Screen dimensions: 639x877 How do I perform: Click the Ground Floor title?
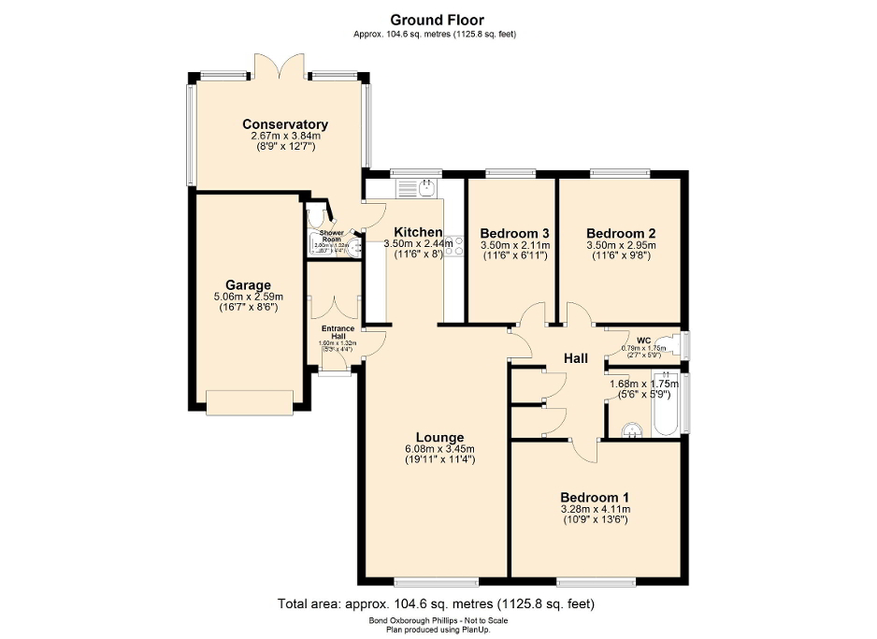437,20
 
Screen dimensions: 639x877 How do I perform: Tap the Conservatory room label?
285,124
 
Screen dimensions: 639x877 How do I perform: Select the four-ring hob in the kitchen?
453,245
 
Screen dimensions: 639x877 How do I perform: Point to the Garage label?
248,285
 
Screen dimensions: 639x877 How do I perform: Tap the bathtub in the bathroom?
667,404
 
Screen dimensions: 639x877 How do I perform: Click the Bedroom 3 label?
513,233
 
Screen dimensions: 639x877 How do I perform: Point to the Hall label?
576,357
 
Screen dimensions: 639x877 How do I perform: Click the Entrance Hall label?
338,332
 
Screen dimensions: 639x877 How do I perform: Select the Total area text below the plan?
436,603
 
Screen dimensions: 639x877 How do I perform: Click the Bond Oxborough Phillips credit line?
436,621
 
